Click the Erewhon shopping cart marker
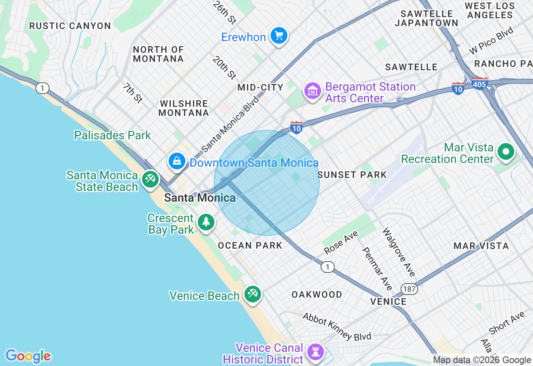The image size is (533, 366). tap(279, 36)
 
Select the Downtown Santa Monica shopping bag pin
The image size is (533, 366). tap(177, 161)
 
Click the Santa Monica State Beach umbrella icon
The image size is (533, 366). tap(149, 179)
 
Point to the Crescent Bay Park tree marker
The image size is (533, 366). tap(206, 222)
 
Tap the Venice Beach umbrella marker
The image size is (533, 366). tap(252, 294)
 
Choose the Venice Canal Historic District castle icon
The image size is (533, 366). tap(316, 352)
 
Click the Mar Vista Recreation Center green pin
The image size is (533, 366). tap(506, 151)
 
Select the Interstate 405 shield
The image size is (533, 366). tap(480, 84)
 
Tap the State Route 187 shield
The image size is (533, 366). tap(409, 289)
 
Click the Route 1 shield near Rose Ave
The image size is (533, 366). tap(328, 267)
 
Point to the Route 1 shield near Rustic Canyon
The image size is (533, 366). tap(42, 88)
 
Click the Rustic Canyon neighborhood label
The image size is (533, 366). tap(70, 26)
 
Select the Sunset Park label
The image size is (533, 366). tap(352, 175)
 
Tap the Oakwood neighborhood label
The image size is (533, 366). tap(316, 294)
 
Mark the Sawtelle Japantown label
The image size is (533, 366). tap(426, 18)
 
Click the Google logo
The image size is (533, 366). tap(28, 356)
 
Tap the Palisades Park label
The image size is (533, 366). tap(112, 135)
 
